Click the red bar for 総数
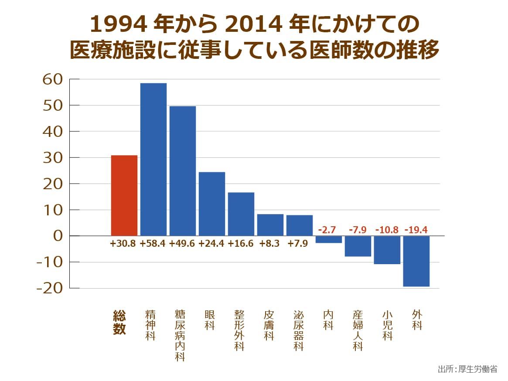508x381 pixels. click(x=124, y=195)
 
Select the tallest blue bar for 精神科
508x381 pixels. click(x=153, y=160)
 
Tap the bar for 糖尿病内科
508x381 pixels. click(x=183, y=171)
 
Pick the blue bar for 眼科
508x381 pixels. click(x=212, y=204)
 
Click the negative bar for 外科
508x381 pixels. click(x=416, y=261)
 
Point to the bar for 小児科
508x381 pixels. click(x=387, y=250)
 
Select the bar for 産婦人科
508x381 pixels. click(x=358, y=246)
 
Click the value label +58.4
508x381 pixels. click(x=152, y=244)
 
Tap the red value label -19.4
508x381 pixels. click(x=416, y=230)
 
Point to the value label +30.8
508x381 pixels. click(x=123, y=244)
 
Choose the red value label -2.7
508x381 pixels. click(x=327, y=230)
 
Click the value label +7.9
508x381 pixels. click(x=298, y=244)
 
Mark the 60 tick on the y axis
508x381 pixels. click(x=52, y=79)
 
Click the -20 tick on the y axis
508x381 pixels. click(x=50, y=288)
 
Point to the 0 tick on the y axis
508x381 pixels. click(x=58, y=236)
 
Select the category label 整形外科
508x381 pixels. click(x=239, y=330)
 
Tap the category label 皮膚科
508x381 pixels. click(x=269, y=325)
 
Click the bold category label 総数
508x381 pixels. click(x=119, y=322)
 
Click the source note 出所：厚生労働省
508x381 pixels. click(x=467, y=369)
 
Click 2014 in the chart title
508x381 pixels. click(x=254, y=24)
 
